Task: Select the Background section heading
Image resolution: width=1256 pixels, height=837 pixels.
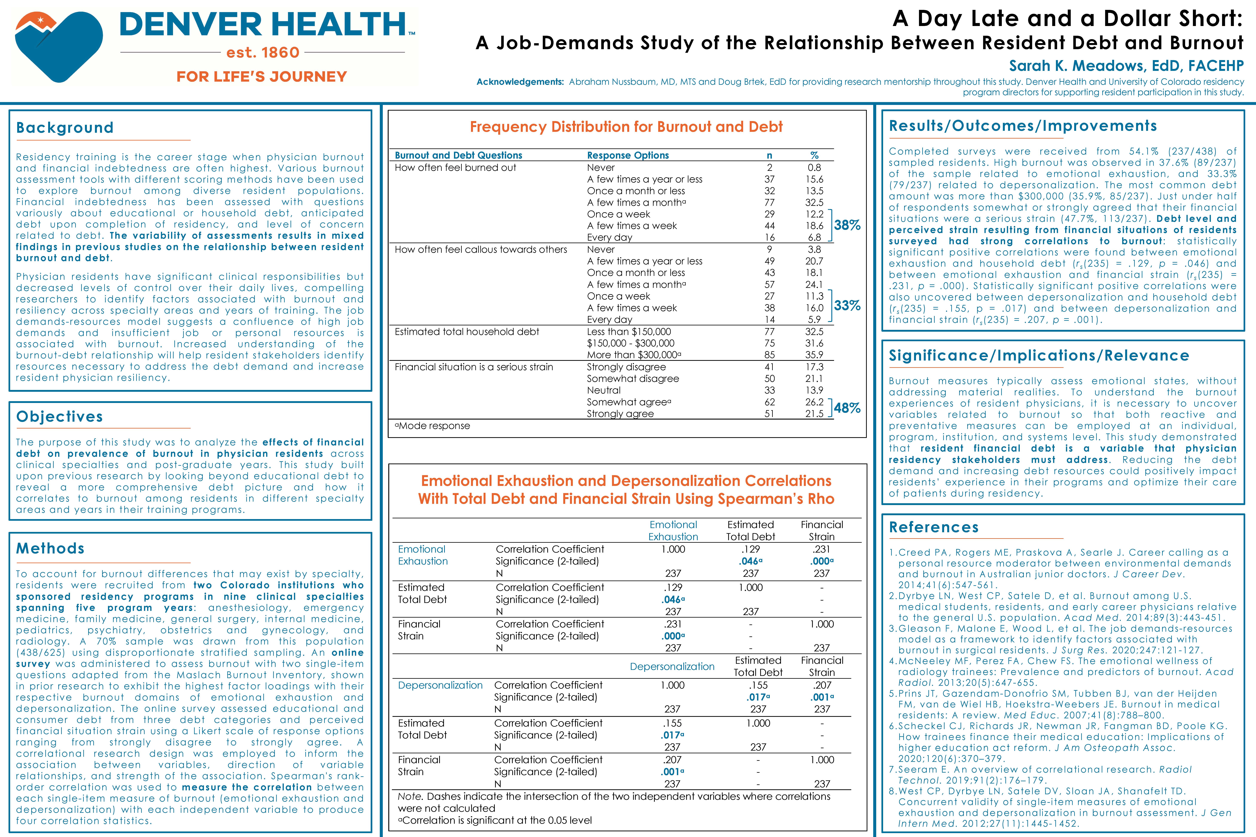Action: (65, 128)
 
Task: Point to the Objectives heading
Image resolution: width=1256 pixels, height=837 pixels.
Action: (59, 416)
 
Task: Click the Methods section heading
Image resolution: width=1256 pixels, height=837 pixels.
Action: (50, 548)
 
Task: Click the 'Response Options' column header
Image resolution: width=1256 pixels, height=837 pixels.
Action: (627, 155)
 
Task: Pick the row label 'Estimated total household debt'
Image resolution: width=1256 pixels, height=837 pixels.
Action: (467, 332)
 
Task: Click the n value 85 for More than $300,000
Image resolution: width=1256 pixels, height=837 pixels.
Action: (769, 354)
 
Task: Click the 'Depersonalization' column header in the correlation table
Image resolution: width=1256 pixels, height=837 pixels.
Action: (672, 666)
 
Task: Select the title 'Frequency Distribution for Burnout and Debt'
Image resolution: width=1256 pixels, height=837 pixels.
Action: (626, 127)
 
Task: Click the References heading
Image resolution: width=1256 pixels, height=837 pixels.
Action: (933, 527)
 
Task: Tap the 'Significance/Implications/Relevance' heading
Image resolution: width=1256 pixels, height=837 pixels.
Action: (1039, 356)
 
